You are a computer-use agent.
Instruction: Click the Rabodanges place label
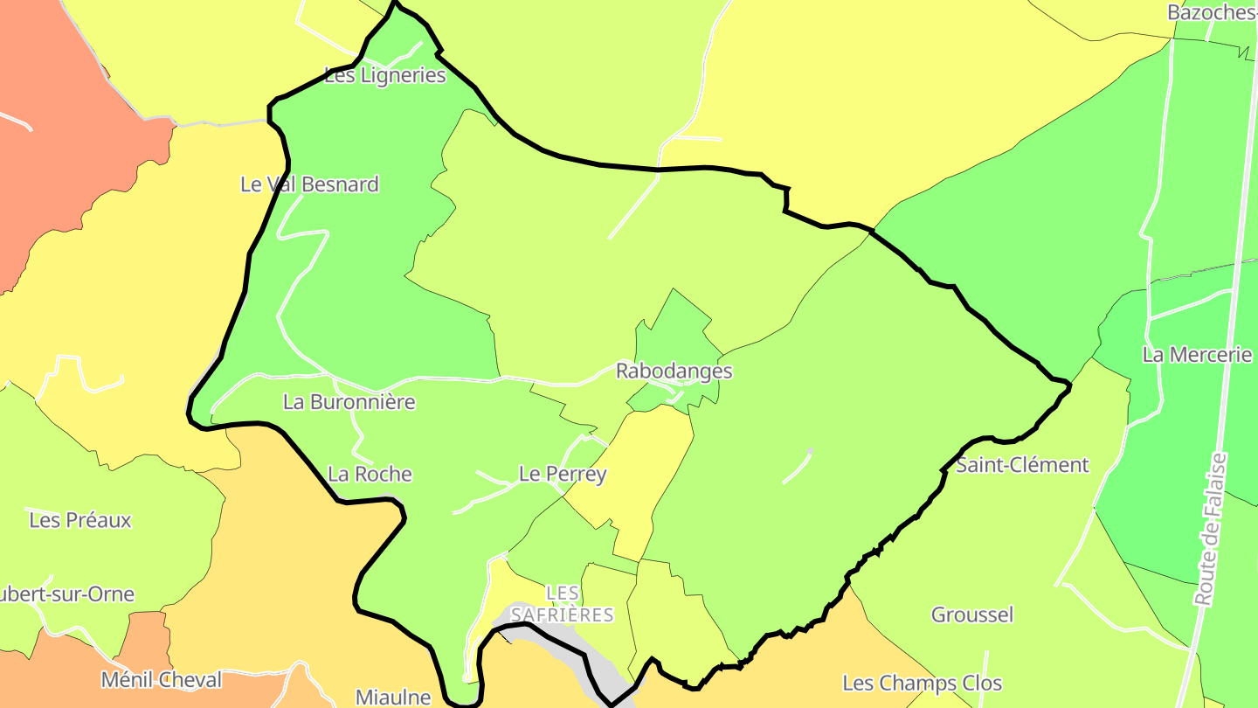pos(674,371)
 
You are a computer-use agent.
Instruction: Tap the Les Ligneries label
pos(384,75)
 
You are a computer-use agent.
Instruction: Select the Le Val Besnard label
pos(309,184)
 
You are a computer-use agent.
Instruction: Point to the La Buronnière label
pos(349,402)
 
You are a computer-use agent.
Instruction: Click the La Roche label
pos(370,474)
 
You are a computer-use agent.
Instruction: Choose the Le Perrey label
pos(563,474)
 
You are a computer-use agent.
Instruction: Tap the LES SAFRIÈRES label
pos(562,604)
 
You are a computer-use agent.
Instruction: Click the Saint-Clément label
pos(1022,465)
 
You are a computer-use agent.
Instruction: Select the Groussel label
pos(972,614)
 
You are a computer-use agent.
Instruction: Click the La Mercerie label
pos(1197,355)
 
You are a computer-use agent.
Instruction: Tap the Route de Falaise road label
pos(1210,529)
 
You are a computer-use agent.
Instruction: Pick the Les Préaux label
pos(80,520)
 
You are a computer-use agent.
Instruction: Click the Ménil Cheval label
pos(162,679)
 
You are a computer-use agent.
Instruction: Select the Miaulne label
pos(393,697)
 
